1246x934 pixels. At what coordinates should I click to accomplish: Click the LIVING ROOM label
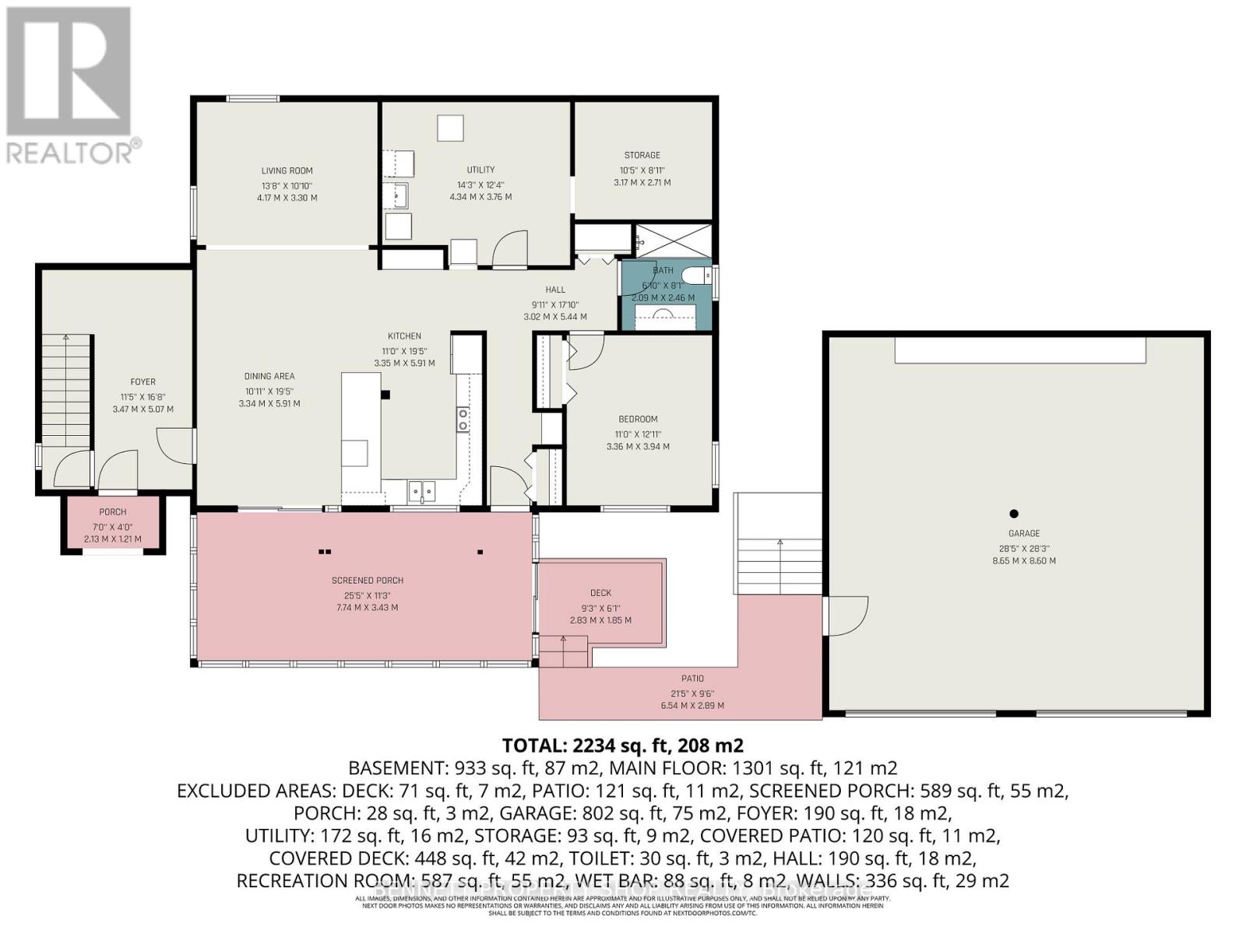click(x=287, y=170)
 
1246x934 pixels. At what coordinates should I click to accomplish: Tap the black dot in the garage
click(x=1014, y=514)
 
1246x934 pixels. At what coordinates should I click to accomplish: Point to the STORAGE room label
click(x=642, y=155)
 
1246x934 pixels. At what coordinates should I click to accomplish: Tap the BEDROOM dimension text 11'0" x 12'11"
click(x=638, y=434)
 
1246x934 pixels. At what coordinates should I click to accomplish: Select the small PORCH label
click(x=113, y=512)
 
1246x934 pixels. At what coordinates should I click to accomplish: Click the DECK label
click(x=600, y=593)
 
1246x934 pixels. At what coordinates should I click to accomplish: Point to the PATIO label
click(x=692, y=679)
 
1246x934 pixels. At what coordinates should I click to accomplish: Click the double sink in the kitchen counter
click(x=423, y=491)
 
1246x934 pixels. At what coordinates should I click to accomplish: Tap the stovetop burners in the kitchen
click(x=463, y=420)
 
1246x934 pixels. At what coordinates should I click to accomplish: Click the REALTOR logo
click(x=69, y=86)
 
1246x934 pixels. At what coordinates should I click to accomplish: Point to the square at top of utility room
click(x=449, y=127)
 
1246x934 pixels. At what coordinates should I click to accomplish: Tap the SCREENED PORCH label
click(x=368, y=581)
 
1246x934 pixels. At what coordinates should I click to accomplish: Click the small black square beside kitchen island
click(x=385, y=395)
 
